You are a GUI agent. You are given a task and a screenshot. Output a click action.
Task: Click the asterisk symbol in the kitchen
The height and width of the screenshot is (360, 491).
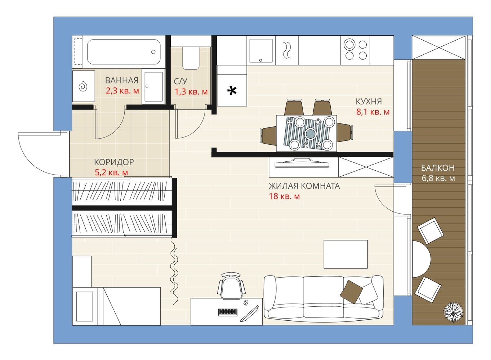(x=232, y=91)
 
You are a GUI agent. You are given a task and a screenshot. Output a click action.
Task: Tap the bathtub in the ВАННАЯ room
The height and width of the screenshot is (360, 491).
(x=124, y=52)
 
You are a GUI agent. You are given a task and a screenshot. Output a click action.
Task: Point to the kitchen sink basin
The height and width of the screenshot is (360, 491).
(x=260, y=51)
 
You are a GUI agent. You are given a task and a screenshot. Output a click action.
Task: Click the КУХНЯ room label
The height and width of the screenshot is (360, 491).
(x=369, y=102)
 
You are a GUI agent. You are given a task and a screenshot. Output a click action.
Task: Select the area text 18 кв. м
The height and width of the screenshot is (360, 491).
(x=284, y=196)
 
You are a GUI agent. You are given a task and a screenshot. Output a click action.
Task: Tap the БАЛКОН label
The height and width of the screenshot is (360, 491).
(x=438, y=168)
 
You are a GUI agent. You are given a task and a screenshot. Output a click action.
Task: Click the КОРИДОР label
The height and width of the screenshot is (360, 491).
(x=114, y=162)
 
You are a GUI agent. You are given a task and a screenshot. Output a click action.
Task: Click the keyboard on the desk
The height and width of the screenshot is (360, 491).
(x=228, y=312)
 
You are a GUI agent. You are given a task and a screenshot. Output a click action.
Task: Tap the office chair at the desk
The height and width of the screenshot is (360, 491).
(x=231, y=286)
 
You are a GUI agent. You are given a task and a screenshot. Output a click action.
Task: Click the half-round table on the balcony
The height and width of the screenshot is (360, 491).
(x=421, y=259)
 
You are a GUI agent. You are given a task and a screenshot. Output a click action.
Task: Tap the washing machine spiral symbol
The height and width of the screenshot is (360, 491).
(x=83, y=86)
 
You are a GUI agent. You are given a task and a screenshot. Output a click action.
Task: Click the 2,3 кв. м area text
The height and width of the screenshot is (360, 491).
(x=122, y=91)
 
